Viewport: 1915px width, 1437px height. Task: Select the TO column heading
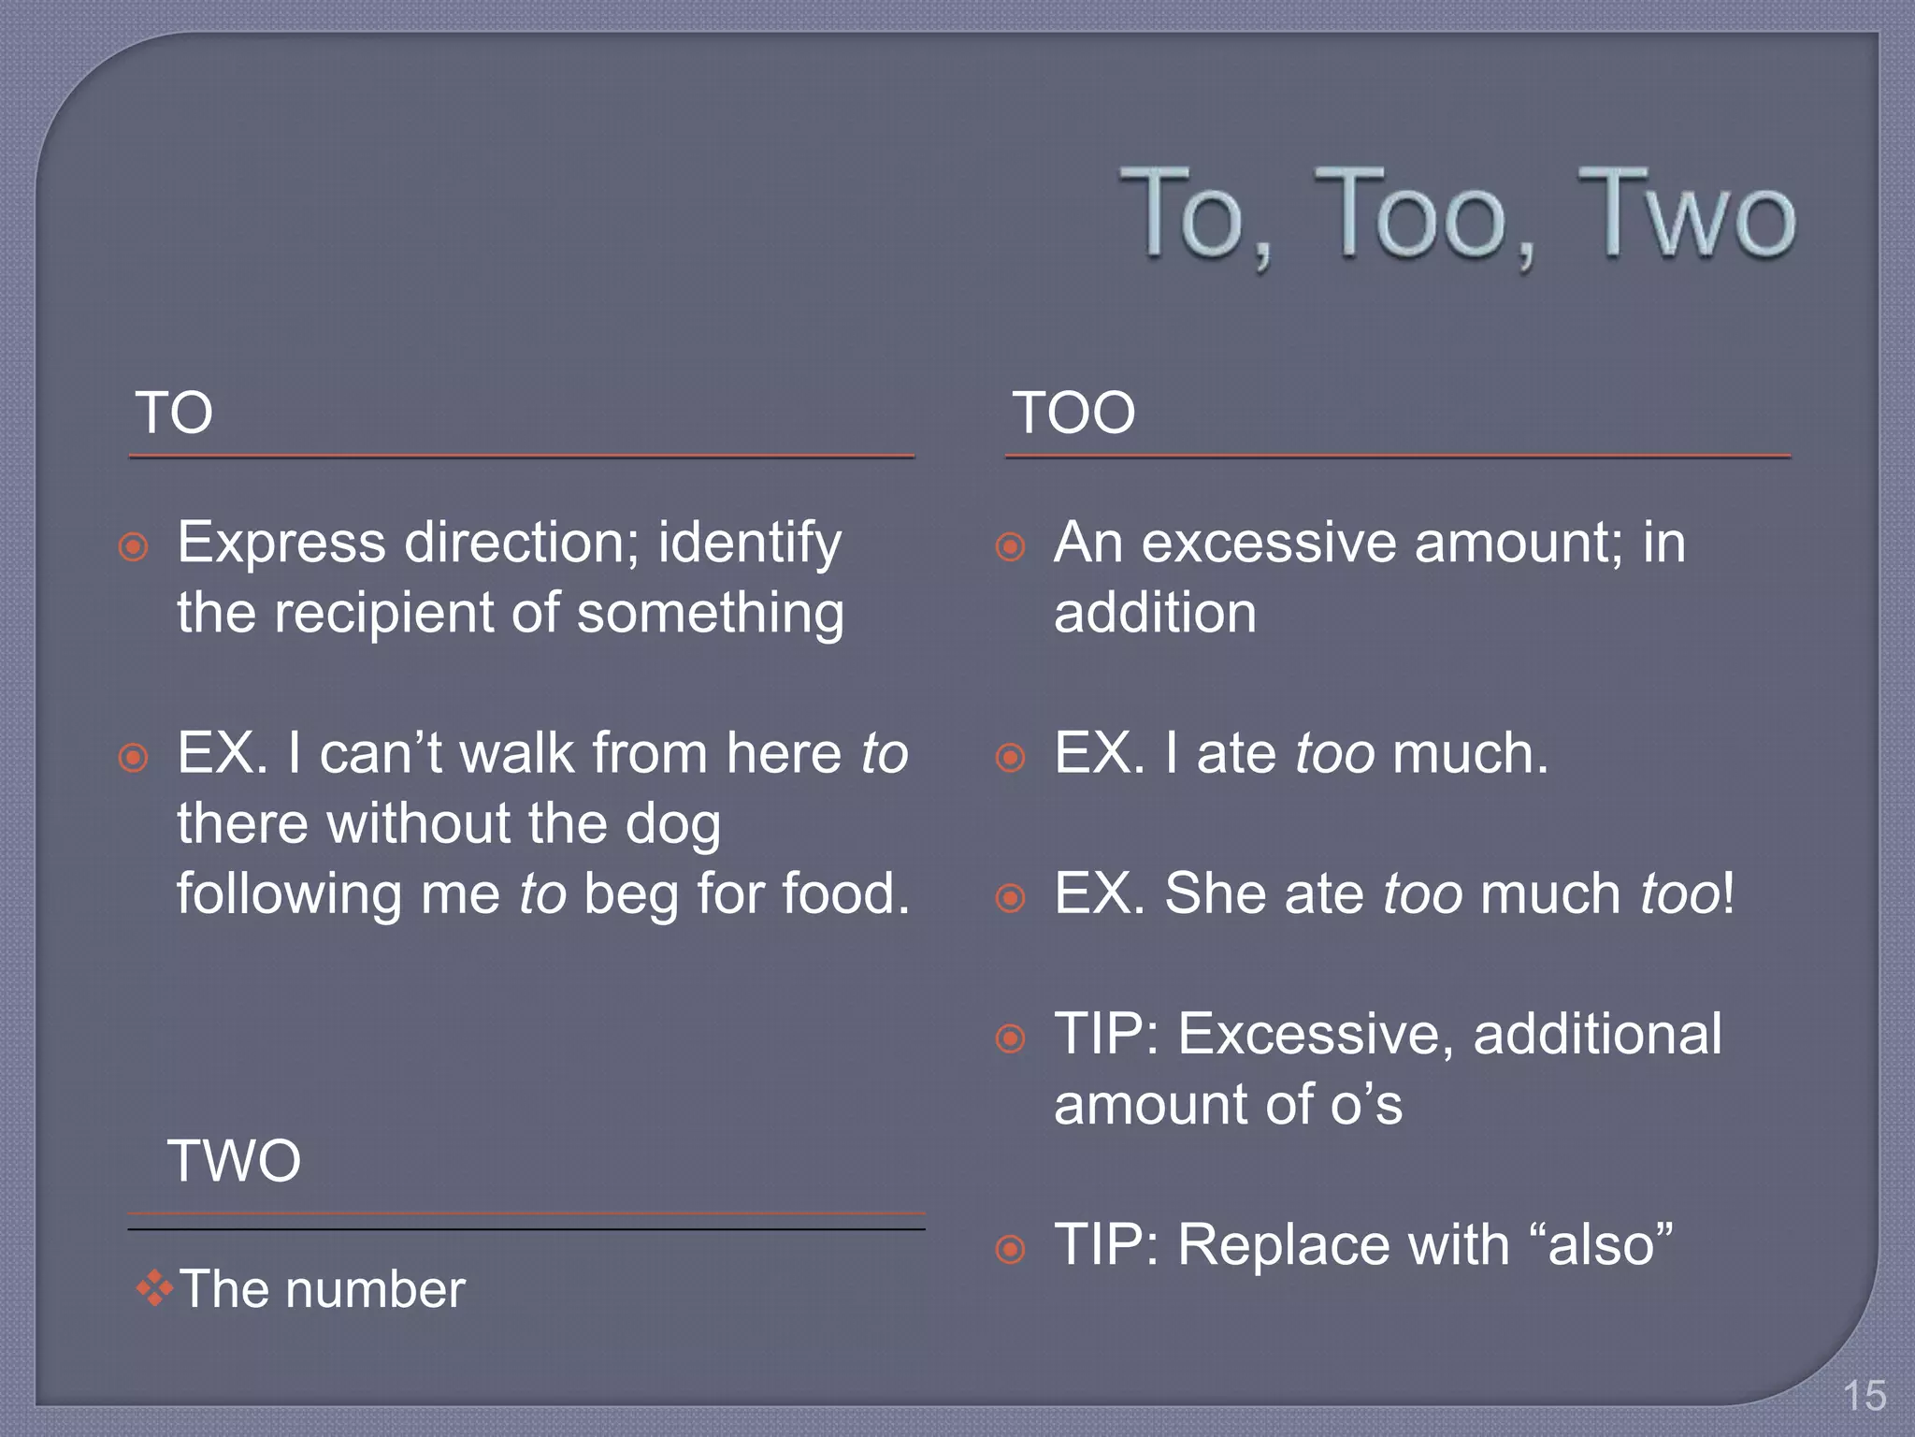coord(174,413)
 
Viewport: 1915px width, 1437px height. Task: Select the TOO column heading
coord(1073,413)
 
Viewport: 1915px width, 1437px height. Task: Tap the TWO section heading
coord(234,1161)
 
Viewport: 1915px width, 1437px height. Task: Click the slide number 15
coord(1864,1396)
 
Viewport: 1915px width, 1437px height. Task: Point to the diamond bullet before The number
coord(154,1289)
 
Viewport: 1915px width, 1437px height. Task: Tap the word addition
coord(1155,614)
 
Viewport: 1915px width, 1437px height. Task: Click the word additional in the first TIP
coord(1597,1035)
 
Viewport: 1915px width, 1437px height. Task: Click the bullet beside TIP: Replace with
coord(1011,1249)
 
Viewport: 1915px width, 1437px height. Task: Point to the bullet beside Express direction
coord(134,546)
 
